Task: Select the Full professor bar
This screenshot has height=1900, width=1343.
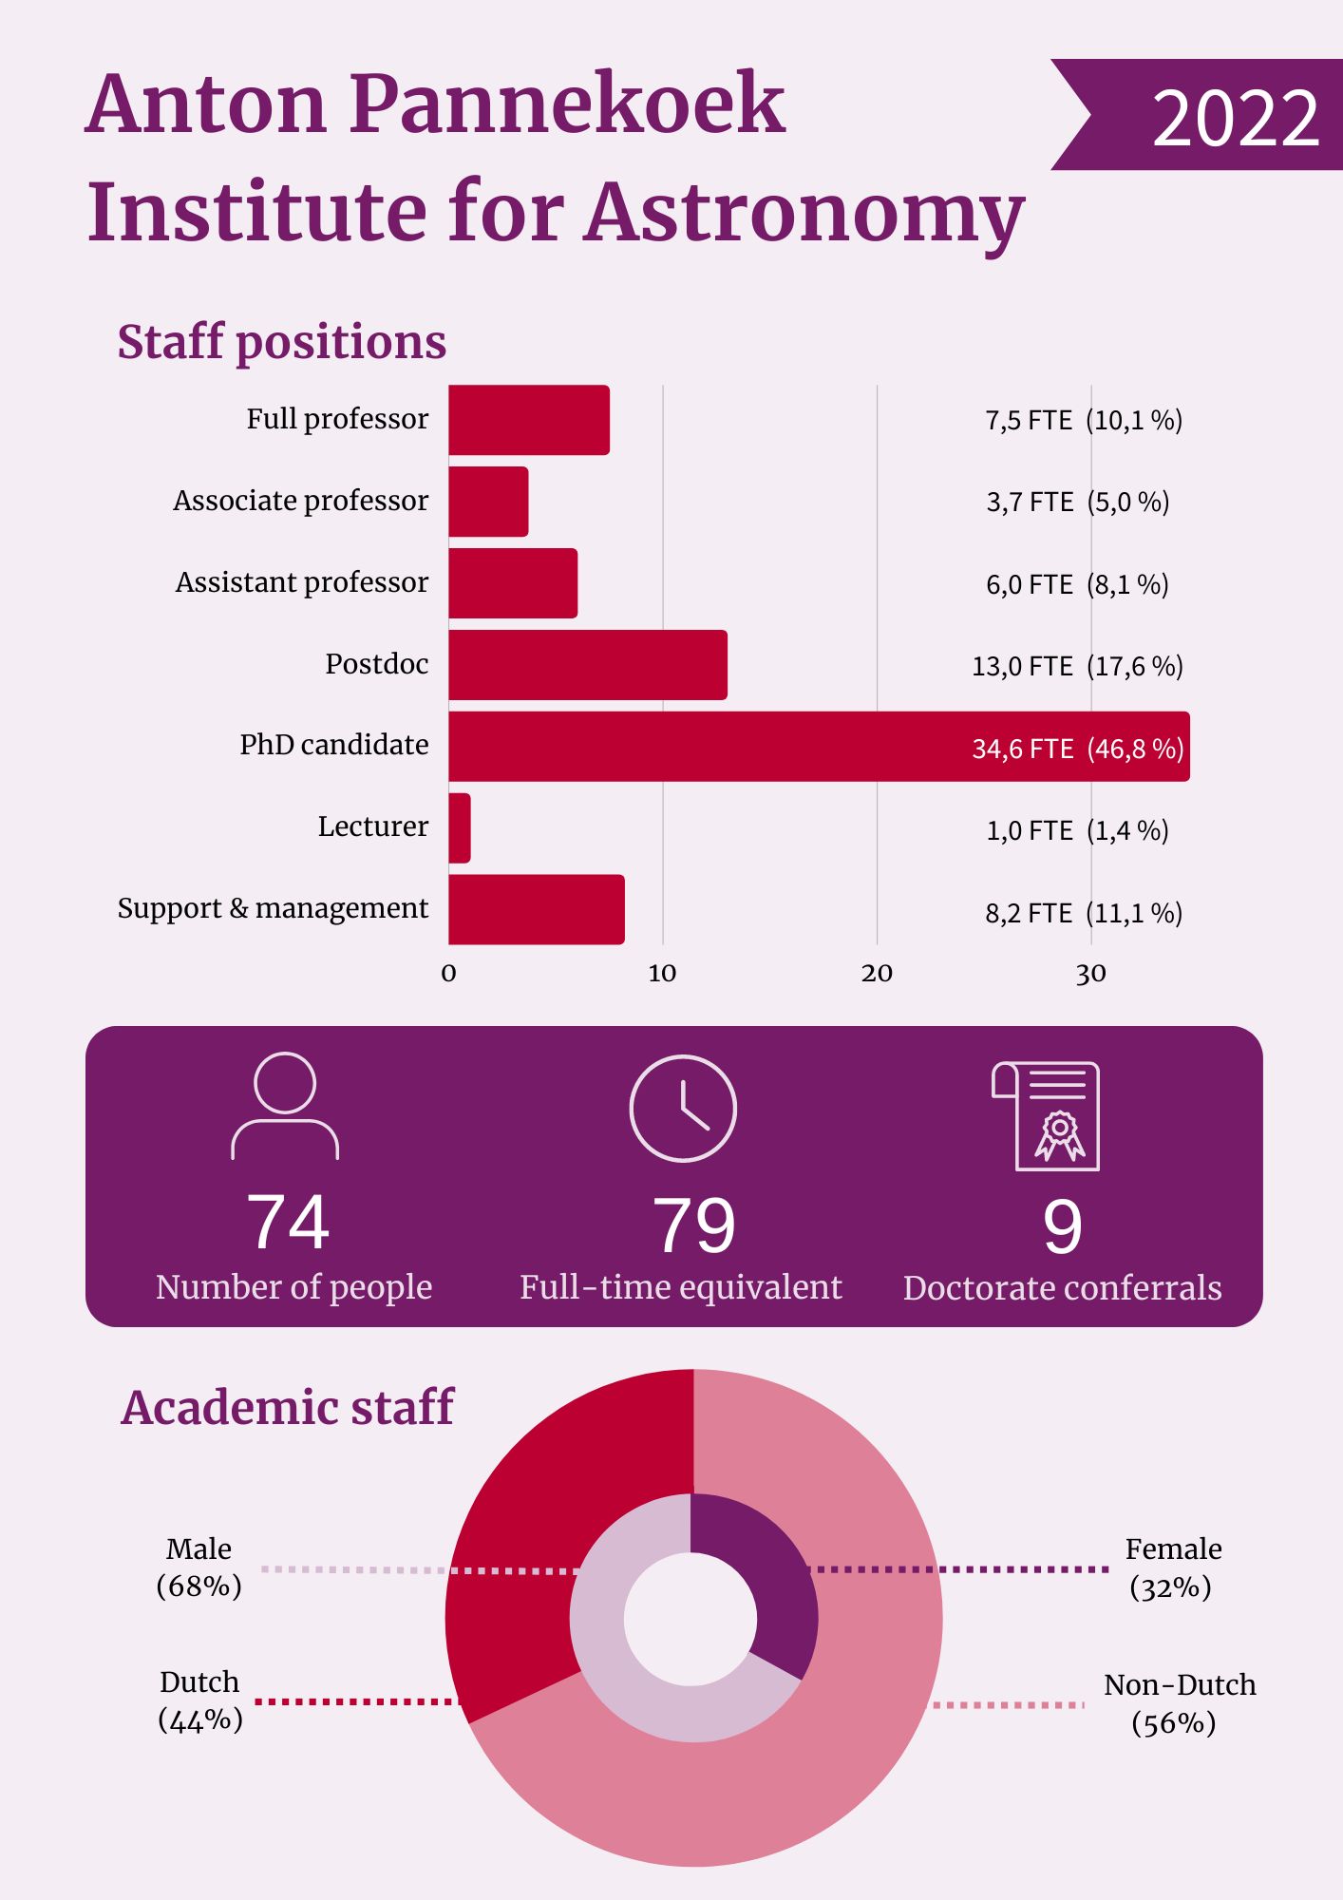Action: (528, 420)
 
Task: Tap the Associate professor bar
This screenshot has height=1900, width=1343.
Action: (488, 502)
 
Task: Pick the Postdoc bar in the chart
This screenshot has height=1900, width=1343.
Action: (587, 665)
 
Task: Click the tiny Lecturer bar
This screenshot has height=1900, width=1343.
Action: (460, 828)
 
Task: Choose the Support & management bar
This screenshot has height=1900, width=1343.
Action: (536, 910)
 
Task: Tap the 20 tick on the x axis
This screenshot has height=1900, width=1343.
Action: (877, 973)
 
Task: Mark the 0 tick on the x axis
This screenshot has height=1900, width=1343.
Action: (449, 973)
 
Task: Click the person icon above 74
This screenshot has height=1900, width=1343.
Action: (285, 1106)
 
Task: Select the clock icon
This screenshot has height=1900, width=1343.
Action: (683, 1108)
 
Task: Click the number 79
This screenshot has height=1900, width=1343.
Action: (693, 1225)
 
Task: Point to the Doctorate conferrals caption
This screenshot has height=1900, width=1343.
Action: (1062, 1288)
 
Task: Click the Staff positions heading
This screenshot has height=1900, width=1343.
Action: (281, 342)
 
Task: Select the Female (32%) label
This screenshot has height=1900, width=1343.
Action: (1172, 1567)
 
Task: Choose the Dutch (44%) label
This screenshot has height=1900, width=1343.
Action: (199, 1700)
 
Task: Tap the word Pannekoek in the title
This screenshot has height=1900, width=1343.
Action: (567, 104)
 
